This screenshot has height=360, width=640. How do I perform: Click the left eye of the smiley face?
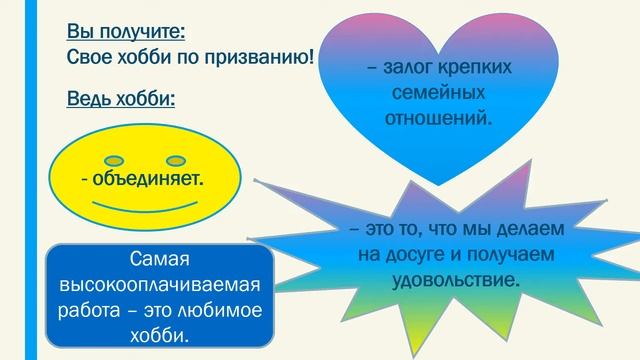(116, 159)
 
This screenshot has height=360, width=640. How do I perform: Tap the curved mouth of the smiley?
(146, 206)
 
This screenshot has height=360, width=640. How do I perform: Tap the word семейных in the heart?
(440, 93)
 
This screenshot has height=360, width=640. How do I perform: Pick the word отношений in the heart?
(440, 117)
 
